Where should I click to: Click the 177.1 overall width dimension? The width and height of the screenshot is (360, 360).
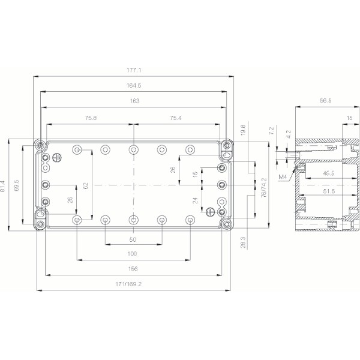coord(134,70)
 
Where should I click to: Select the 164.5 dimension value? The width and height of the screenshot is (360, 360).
coord(134,86)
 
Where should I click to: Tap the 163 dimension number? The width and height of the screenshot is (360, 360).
coord(134,101)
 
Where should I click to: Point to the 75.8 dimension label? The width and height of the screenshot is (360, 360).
coord(91,118)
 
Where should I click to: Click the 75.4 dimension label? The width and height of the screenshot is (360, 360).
coord(177,118)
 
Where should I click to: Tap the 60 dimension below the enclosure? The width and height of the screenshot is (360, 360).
coord(133,239)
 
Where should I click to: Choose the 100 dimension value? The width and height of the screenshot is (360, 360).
coord(133,254)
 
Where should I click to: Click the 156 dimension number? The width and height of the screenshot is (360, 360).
coord(133,269)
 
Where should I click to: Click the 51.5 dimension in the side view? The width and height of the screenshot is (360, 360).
coord(326,191)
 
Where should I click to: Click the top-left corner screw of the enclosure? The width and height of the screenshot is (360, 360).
coord(40,145)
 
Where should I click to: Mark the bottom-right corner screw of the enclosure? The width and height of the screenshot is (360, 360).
coord(227,223)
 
